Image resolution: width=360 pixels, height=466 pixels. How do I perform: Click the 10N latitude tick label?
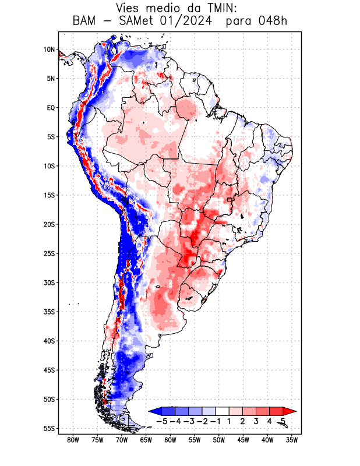coord(49,50)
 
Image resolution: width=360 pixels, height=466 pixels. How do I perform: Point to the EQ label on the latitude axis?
coord(51,108)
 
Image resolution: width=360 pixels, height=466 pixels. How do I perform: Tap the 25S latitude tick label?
coord(49,253)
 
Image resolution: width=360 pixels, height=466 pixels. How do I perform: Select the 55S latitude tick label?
coord(49,428)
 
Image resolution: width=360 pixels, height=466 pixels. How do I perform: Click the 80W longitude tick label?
coord(73,440)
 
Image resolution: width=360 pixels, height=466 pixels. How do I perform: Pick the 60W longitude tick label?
coord(171,440)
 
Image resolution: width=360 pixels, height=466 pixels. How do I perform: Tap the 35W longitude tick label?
coord(292,440)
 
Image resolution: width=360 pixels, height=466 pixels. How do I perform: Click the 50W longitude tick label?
coord(219,440)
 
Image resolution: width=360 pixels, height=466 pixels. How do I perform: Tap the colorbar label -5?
coord(162,421)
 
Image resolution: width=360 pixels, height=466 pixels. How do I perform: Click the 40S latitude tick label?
coord(49,341)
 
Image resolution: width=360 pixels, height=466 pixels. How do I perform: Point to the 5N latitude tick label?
coord(51,79)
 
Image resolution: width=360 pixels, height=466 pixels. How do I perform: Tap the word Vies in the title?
coord(129,8)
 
